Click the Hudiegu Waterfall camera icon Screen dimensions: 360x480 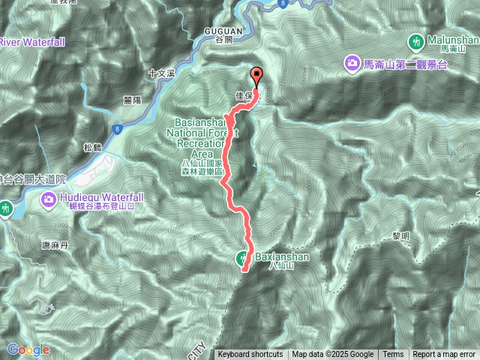47,200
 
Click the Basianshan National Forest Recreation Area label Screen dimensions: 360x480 205,138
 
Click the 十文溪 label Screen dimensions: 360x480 161,73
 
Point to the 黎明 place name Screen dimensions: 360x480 401,235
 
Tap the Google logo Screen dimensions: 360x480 28,349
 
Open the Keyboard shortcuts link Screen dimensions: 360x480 250,355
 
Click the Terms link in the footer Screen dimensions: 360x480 393,355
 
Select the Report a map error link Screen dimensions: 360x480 444,355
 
